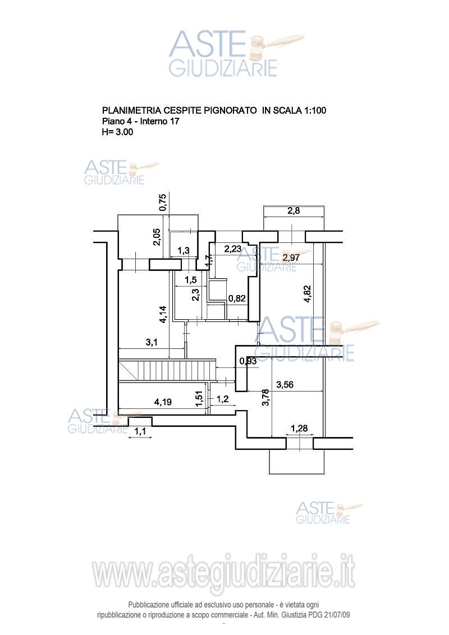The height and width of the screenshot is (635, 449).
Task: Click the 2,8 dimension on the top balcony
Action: pyautogui.click(x=294, y=211)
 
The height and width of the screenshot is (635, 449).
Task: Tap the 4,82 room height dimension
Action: pyautogui.click(x=307, y=294)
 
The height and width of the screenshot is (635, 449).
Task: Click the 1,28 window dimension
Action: pyautogui.click(x=299, y=429)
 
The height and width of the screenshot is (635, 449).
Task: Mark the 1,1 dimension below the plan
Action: pyautogui.click(x=140, y=431)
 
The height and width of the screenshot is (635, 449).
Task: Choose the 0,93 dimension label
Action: pyautogui.click(x=248, y=361)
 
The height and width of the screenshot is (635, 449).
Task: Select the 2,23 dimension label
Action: pyautogui.click(x=233, y=248)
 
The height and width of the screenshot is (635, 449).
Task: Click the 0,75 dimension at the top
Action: pyautogui.click(x=163, y=202)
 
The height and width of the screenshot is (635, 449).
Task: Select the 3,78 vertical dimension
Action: pyautogui.click(x=265, y=399)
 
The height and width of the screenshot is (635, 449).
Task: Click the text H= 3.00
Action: pyautogui.click(x=117, y=132)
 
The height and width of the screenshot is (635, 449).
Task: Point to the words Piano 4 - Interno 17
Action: pyautogui.click(x=140, y=121)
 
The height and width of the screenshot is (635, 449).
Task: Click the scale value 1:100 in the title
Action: pyautogui.click(x=314, y=111)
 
